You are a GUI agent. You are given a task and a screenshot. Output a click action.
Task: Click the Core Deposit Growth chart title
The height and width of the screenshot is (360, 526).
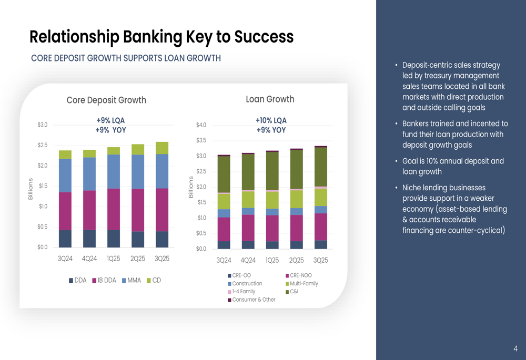point(106,100)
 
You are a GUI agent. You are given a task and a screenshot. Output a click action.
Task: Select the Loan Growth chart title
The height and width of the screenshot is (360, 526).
point(270,99)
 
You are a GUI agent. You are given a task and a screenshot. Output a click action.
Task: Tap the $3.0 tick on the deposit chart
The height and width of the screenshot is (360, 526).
point(42,125)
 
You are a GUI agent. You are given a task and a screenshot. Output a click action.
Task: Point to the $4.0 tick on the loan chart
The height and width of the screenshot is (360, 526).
point(201,125)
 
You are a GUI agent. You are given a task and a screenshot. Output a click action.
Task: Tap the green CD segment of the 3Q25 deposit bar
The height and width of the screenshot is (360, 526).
point(162,148)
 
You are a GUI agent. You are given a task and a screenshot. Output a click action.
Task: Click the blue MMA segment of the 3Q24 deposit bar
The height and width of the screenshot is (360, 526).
point(65,176)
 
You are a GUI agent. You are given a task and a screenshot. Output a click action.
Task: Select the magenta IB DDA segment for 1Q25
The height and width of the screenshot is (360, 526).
point(114,209)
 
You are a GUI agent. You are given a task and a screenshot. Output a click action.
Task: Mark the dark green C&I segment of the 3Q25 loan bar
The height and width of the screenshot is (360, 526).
point(320,167)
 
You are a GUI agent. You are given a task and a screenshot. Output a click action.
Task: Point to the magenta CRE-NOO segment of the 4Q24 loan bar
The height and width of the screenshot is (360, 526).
point(248,228)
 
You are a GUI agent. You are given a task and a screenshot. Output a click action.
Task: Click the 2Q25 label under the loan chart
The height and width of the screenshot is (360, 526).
point(296,261)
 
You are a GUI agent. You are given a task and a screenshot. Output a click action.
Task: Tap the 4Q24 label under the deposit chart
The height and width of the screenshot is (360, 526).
point(89,259)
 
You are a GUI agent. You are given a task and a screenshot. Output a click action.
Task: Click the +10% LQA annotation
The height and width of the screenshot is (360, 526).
point(271,121)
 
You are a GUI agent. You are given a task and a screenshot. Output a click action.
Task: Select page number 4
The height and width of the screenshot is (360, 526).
point(515,348)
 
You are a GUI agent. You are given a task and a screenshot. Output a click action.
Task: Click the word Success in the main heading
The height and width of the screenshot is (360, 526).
point(264,37)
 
